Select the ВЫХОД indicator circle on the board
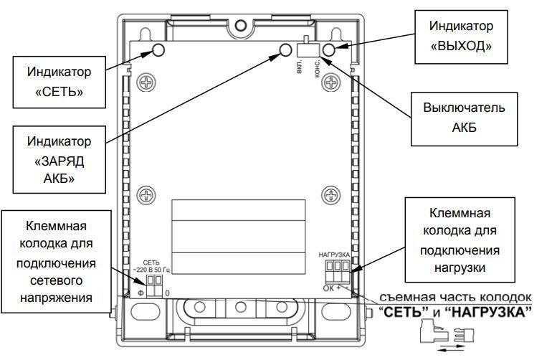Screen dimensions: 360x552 point(329,49)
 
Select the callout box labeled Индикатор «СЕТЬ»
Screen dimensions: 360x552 point(60,82)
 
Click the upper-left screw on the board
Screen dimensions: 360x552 point(146,80)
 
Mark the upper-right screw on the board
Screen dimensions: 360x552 point(330,80)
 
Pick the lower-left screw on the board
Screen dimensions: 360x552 point(146,194)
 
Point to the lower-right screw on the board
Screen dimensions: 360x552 point(330,194)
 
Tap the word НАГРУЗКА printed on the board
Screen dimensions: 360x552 point(333,255)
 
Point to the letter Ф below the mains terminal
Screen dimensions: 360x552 point(142,293)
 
